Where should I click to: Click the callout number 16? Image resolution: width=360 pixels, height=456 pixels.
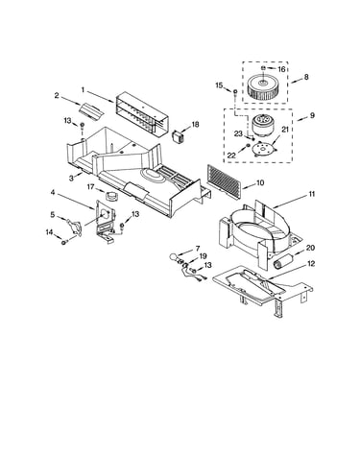click(x=281, y=69)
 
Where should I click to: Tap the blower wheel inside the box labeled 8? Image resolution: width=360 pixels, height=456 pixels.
click(x=262, y=86)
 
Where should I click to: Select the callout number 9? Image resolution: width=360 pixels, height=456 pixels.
click(x=312, y=115)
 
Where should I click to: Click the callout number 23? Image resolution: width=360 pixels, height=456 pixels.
click(x=238, y=133)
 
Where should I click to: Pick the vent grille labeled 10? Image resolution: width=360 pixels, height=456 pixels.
click(x=225, y=181)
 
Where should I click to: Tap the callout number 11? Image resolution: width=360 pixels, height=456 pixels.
click(x=311, y=194)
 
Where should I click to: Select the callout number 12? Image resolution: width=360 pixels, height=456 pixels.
click(x=311, y=264)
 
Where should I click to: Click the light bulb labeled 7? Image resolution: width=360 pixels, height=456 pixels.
click(x=173, y=256)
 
